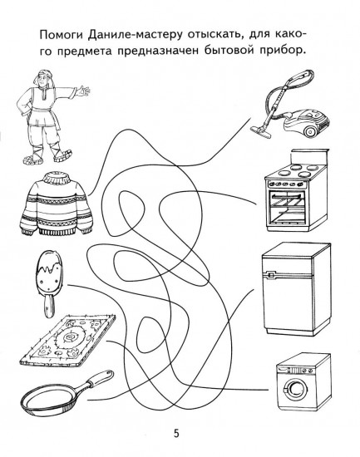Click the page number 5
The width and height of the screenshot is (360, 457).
click(176, 432)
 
